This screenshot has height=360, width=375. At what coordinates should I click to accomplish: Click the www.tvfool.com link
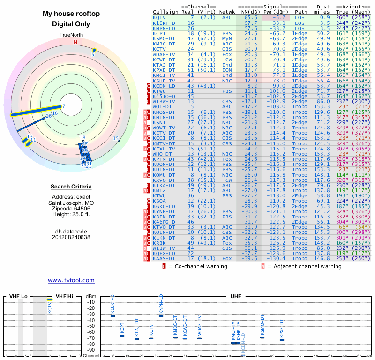[x=71, y=280]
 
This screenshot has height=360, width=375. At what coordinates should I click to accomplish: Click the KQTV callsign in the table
[x=159, y=17]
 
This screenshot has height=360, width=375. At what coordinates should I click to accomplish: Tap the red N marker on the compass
[x=75, y=42]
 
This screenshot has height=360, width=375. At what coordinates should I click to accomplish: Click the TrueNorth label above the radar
[x=71, y=35]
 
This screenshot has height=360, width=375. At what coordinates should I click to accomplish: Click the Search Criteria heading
[x=71, y=187]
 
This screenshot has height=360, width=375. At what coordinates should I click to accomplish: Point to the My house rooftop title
[x=71, y=14]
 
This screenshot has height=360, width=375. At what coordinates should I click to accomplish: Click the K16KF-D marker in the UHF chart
[x=112, y=316]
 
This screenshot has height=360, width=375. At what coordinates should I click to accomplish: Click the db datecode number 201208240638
[x=71, y=237]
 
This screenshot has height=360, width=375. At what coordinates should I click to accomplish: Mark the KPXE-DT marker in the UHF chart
[x=282, y=339]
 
